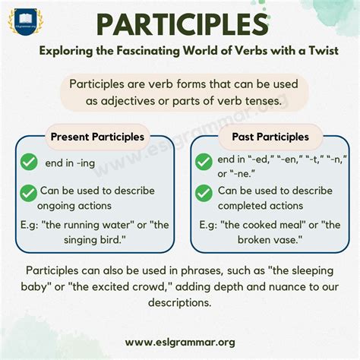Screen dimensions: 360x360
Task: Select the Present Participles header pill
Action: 97,137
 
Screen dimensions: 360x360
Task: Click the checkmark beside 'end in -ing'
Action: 30,162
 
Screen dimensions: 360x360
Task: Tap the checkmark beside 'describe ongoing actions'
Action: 30,192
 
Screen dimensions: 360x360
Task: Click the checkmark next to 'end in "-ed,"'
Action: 204,161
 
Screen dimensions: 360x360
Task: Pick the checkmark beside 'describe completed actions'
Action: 204,193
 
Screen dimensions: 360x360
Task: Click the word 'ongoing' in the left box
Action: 63,205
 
